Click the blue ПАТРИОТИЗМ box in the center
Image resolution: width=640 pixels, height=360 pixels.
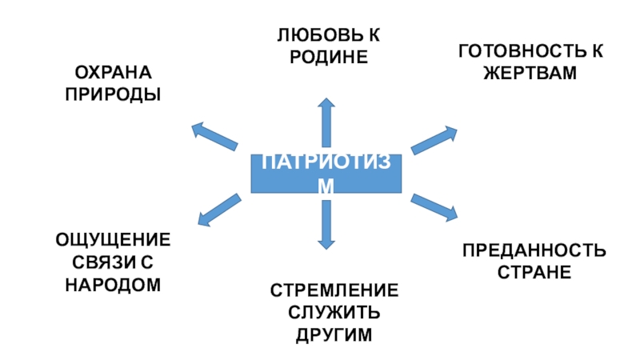326,174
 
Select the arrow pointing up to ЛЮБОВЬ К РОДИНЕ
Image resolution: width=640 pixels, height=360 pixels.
326,124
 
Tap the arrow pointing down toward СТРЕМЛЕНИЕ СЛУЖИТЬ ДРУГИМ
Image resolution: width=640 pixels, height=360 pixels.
326,222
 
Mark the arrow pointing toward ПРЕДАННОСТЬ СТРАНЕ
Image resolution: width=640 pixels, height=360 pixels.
434,207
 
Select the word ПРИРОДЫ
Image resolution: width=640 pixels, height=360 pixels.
112,94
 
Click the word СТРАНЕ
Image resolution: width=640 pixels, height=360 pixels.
534,273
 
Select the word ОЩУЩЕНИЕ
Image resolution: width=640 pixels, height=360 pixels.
113,241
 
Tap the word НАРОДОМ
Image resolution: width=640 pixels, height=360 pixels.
113,283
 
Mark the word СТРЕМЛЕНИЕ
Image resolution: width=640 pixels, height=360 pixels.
334,292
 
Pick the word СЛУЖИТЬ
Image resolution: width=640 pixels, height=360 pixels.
334,313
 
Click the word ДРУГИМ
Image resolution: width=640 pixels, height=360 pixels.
334,334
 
